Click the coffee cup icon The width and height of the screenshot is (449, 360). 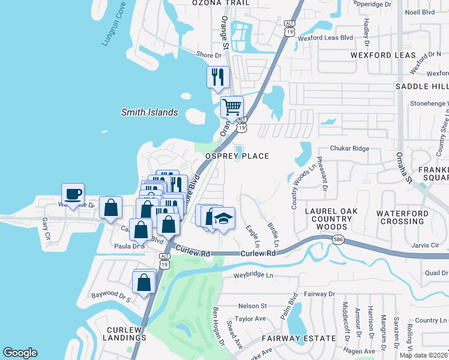pos(73,194)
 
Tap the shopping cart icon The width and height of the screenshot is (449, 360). pos(231,108)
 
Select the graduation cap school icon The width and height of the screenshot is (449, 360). pos(223,218)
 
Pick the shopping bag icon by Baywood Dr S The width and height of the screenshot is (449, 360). pos(144,283)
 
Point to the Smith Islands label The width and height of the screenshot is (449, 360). pos(149,112)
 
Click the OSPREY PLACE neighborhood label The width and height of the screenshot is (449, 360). pos(237,156)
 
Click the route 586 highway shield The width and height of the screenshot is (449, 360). pos(339,239)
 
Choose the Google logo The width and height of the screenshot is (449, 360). pos(20,353)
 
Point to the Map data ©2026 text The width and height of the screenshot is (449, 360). pos(424,355)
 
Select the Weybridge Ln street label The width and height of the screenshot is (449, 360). pos(253,275)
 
